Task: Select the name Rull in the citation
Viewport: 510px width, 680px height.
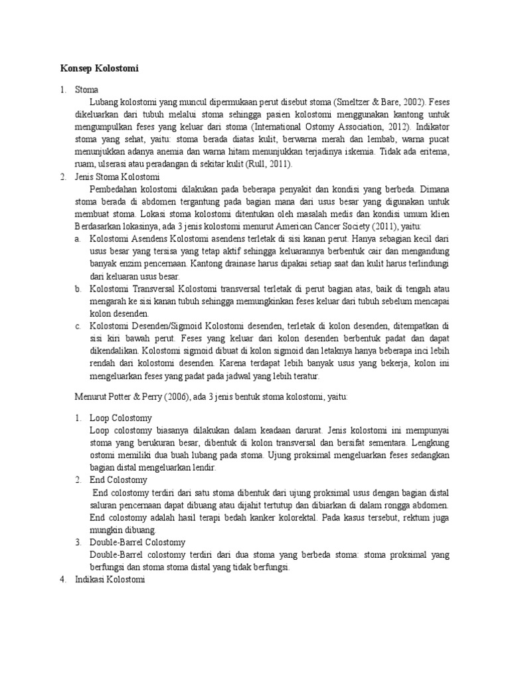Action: [254, 163]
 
